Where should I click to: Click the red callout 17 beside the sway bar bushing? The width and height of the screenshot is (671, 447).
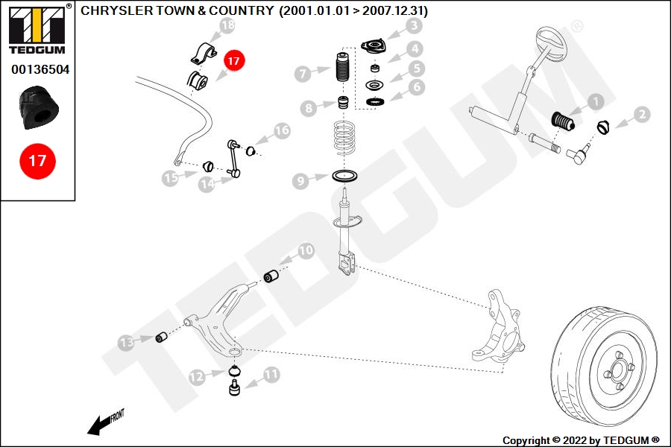[x=233, y=61]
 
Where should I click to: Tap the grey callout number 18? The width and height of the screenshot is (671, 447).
[x=227, y=27]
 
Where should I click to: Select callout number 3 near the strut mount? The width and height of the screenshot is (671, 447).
[x=414, y=28]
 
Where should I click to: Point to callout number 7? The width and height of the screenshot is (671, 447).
[x=302, y=74]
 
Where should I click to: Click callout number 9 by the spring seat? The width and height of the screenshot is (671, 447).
[x=300, y=180]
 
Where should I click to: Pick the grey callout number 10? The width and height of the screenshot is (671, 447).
[x=306, y=251]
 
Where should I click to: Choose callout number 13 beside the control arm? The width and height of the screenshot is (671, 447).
[x=127, y=343]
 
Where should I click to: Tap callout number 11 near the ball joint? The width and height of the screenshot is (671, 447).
[x=271, y=375]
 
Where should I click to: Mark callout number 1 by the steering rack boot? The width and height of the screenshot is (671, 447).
[x=595, y=101]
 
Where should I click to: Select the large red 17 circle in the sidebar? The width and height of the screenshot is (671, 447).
[x=37, y=160]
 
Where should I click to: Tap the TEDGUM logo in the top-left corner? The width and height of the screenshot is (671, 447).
[x=37, y=30]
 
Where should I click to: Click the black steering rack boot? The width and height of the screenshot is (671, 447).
[x=562, y=121]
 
